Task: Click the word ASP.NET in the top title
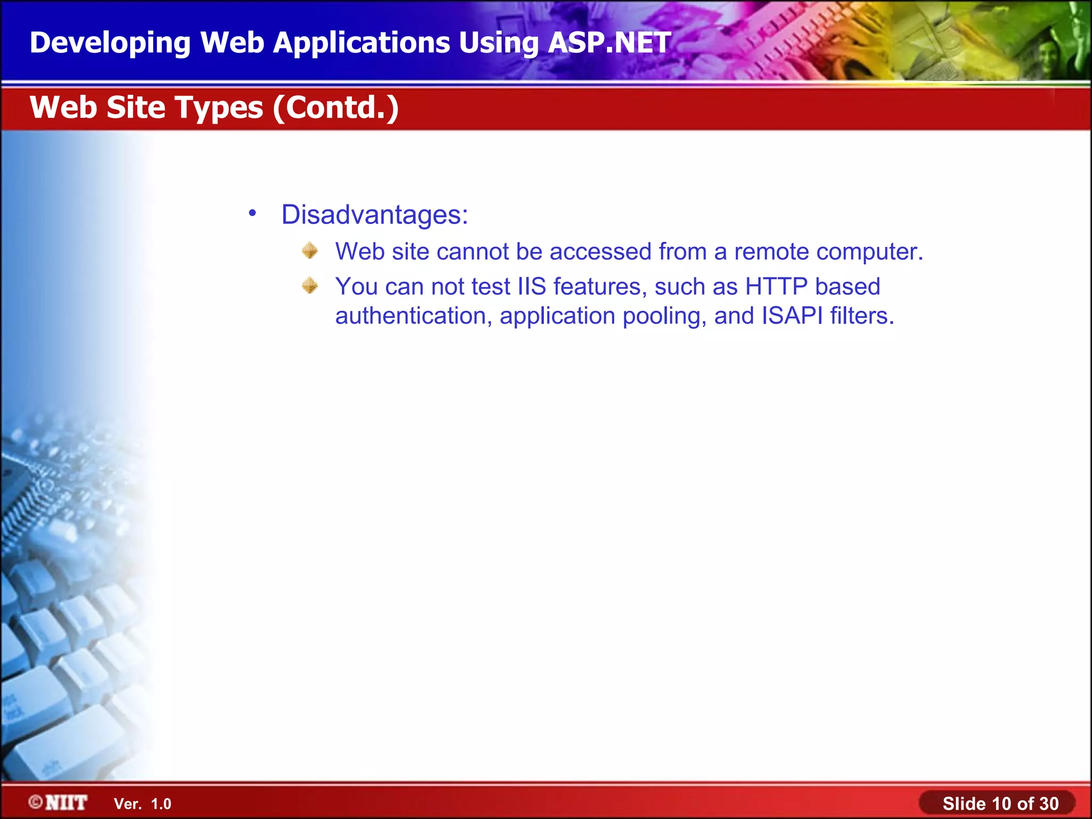click(609, 43)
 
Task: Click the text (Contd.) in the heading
click(336, 108)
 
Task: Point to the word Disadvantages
click(374, 215)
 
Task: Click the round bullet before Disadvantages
click(252, 213)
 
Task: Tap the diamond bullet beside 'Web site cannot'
click(310, 251)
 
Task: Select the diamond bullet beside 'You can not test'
click(310, 286)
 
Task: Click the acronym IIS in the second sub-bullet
click(532, 287)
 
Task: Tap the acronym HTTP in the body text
click(776, 287)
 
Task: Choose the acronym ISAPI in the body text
click(792, 316)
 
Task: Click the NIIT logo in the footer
click(59, 803)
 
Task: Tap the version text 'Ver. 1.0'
click(142, 804)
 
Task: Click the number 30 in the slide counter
click(1048, 804)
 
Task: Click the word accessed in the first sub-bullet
click(600, 252)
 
